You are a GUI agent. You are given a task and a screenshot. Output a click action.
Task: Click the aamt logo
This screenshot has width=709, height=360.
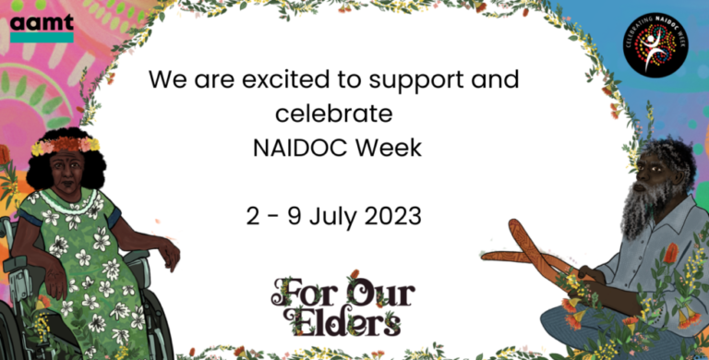42,27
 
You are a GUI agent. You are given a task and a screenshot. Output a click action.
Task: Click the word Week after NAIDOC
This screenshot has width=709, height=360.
387,148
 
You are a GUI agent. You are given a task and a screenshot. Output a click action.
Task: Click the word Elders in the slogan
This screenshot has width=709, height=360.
342,321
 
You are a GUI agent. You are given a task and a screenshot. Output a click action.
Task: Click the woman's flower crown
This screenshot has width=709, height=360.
65,145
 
